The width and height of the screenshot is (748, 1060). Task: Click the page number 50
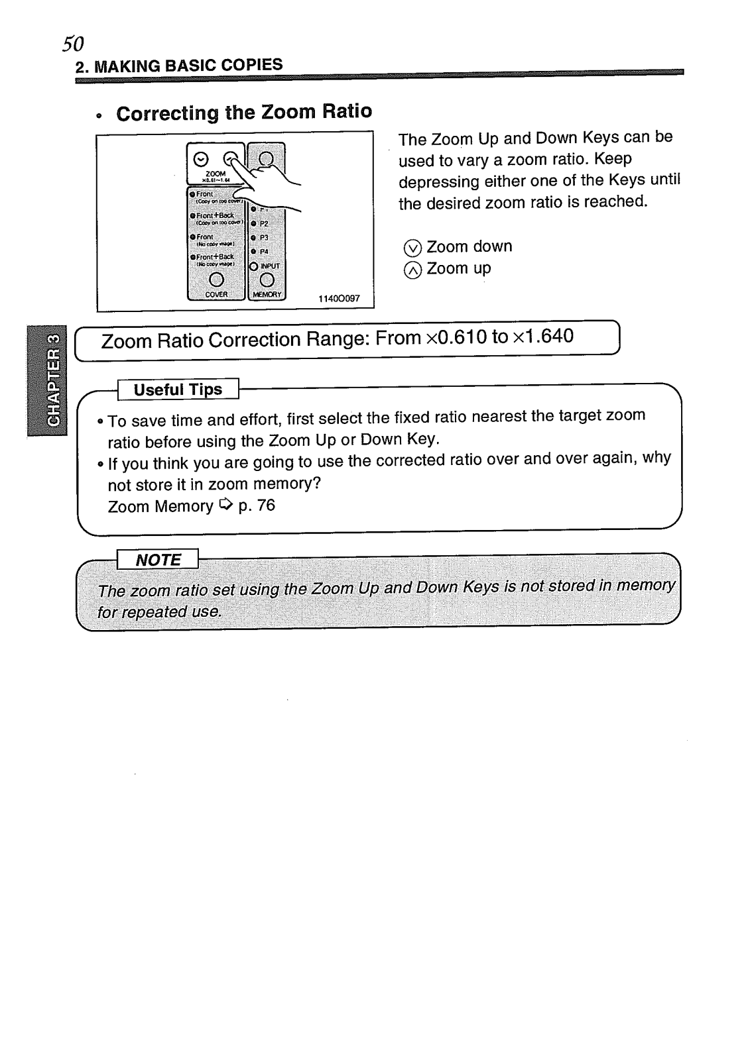point(73,43)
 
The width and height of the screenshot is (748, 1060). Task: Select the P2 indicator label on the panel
point(264,224)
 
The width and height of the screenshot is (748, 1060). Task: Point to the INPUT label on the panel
point(271,266)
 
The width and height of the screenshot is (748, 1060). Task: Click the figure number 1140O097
point(339,299)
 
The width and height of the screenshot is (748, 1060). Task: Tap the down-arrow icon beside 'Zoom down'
point(412,248)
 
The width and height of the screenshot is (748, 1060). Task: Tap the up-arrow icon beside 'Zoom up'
point(412,270)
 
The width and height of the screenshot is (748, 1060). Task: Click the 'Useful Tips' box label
point(178,390)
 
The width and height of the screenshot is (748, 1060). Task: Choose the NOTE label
point(158,560)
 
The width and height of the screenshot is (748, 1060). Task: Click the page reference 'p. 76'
point(256,505)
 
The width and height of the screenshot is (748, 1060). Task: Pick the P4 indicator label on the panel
point(264,252)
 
